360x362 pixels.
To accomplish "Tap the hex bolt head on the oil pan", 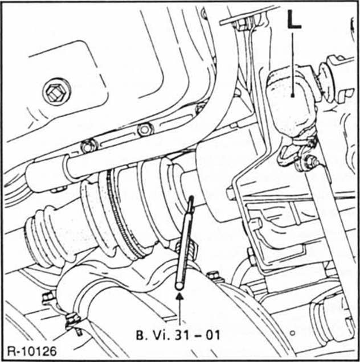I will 56,91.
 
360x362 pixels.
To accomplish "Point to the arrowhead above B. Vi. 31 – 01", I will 179,297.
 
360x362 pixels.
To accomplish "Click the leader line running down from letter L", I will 293,63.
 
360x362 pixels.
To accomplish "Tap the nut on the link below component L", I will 310,163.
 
